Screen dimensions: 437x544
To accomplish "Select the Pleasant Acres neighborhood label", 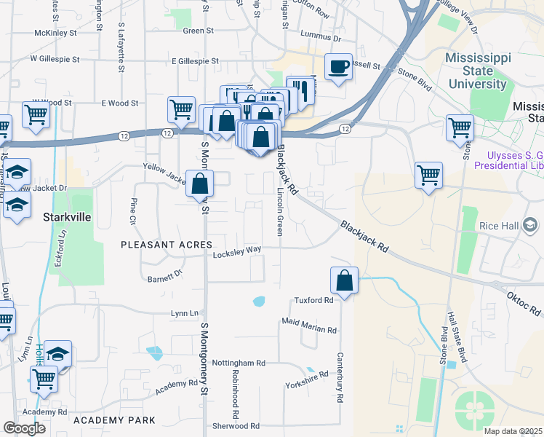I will click(167, 245).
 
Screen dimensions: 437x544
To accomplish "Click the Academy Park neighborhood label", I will click(114, 420).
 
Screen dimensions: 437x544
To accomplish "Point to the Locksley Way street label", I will click(237, 254).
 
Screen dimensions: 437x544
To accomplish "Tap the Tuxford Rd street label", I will click(313, 300).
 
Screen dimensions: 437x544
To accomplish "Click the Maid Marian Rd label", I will click(309, 329).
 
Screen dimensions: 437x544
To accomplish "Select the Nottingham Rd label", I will click(239, 363).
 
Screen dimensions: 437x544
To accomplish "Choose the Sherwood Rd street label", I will click(235, 426).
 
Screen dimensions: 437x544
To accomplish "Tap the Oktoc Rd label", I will click(525, 301).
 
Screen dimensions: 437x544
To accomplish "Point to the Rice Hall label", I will click(499, 226).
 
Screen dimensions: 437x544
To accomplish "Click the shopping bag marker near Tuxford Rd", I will click(344, 280).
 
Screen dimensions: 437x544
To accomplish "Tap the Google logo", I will click(24, 428).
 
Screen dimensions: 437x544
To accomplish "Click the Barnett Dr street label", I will click(164, 277).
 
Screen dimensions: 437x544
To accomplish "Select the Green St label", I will click(198, 31).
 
